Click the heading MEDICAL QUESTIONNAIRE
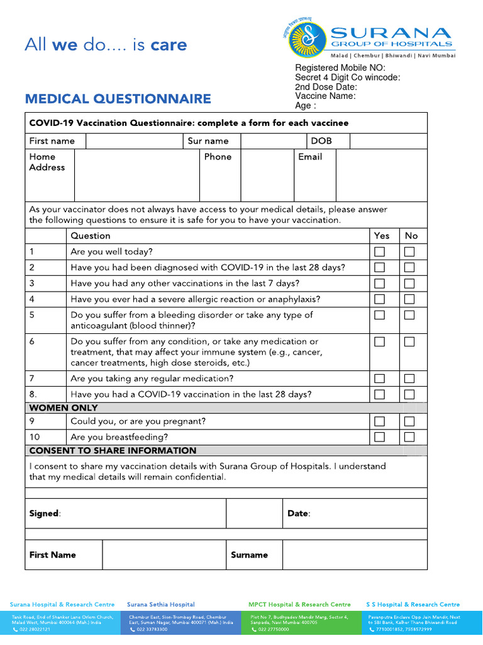pyautogui.click(x=118, y=99)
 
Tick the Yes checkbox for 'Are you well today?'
pyautogui.click(x=380, y=251)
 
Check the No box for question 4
pyautogui.click(x=409, y=299)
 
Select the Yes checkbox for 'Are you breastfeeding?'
pyautogui.click(x=380, y=437)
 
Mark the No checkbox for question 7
pyautogui.click(x=409, y=379)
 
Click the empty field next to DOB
pyautogui.click(x=388, y=141)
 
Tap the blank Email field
pyautogui.click(x=381, y=174)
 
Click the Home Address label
pyautogui.click(x=47, y=162)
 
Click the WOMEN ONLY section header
pyautogui.click(x=63, y=408)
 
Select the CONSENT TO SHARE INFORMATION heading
pyautogui.click(x=113, y=450)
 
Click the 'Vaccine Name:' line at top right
pyautogui.click(x=325, y=96)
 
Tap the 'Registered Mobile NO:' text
pyautogui.click(x=340, y=68)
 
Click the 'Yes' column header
pyautogui.click(x=382, y=236)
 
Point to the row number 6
pyautogui.click(x=31, y=341)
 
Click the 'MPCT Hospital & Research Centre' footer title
pyautogui.click(x=299, y=604)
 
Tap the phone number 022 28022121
pyautogui.click(x=35, y=629)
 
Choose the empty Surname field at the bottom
pyautogui.click(x=354, y=555)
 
